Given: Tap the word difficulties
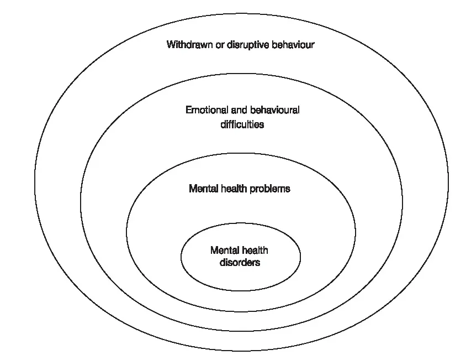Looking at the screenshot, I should pos(242,124).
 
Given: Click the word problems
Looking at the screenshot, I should pos(270,189).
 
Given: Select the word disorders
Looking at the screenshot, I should pos(240,263).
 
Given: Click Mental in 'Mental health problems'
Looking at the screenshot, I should pos(203,189).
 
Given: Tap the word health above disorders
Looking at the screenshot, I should pos(255,251).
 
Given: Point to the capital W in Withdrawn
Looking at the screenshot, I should pos(171,45).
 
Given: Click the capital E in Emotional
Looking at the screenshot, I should pos(188,110).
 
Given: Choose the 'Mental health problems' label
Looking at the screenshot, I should pos(240,189).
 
